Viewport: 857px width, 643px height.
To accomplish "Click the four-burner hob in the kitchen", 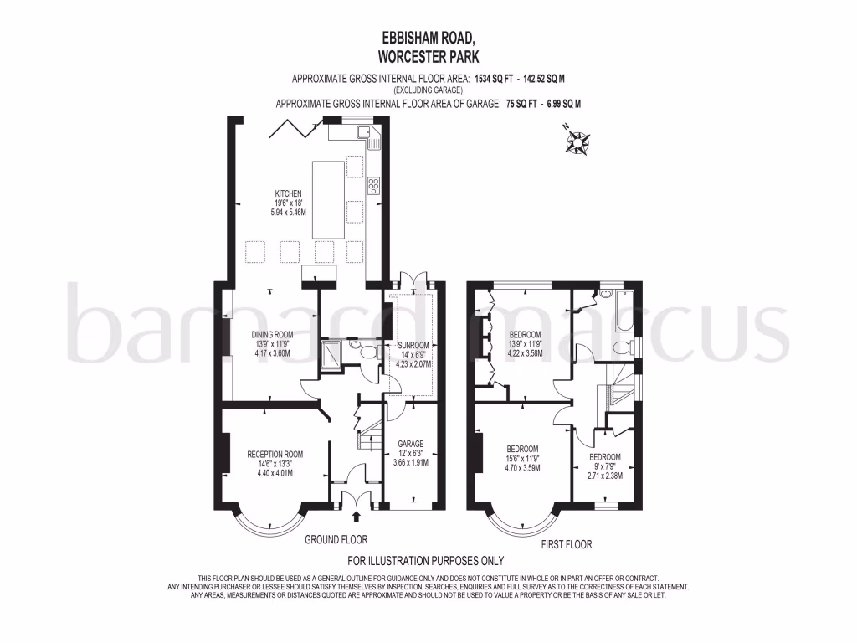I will (373, 183).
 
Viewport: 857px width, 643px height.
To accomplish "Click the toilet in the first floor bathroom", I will (622, 347).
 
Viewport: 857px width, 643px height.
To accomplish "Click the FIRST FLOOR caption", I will (567, 544).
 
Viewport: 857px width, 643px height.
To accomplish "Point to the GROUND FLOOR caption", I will (336, 540).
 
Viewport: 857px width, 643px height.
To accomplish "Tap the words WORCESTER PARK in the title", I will (428, 56).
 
